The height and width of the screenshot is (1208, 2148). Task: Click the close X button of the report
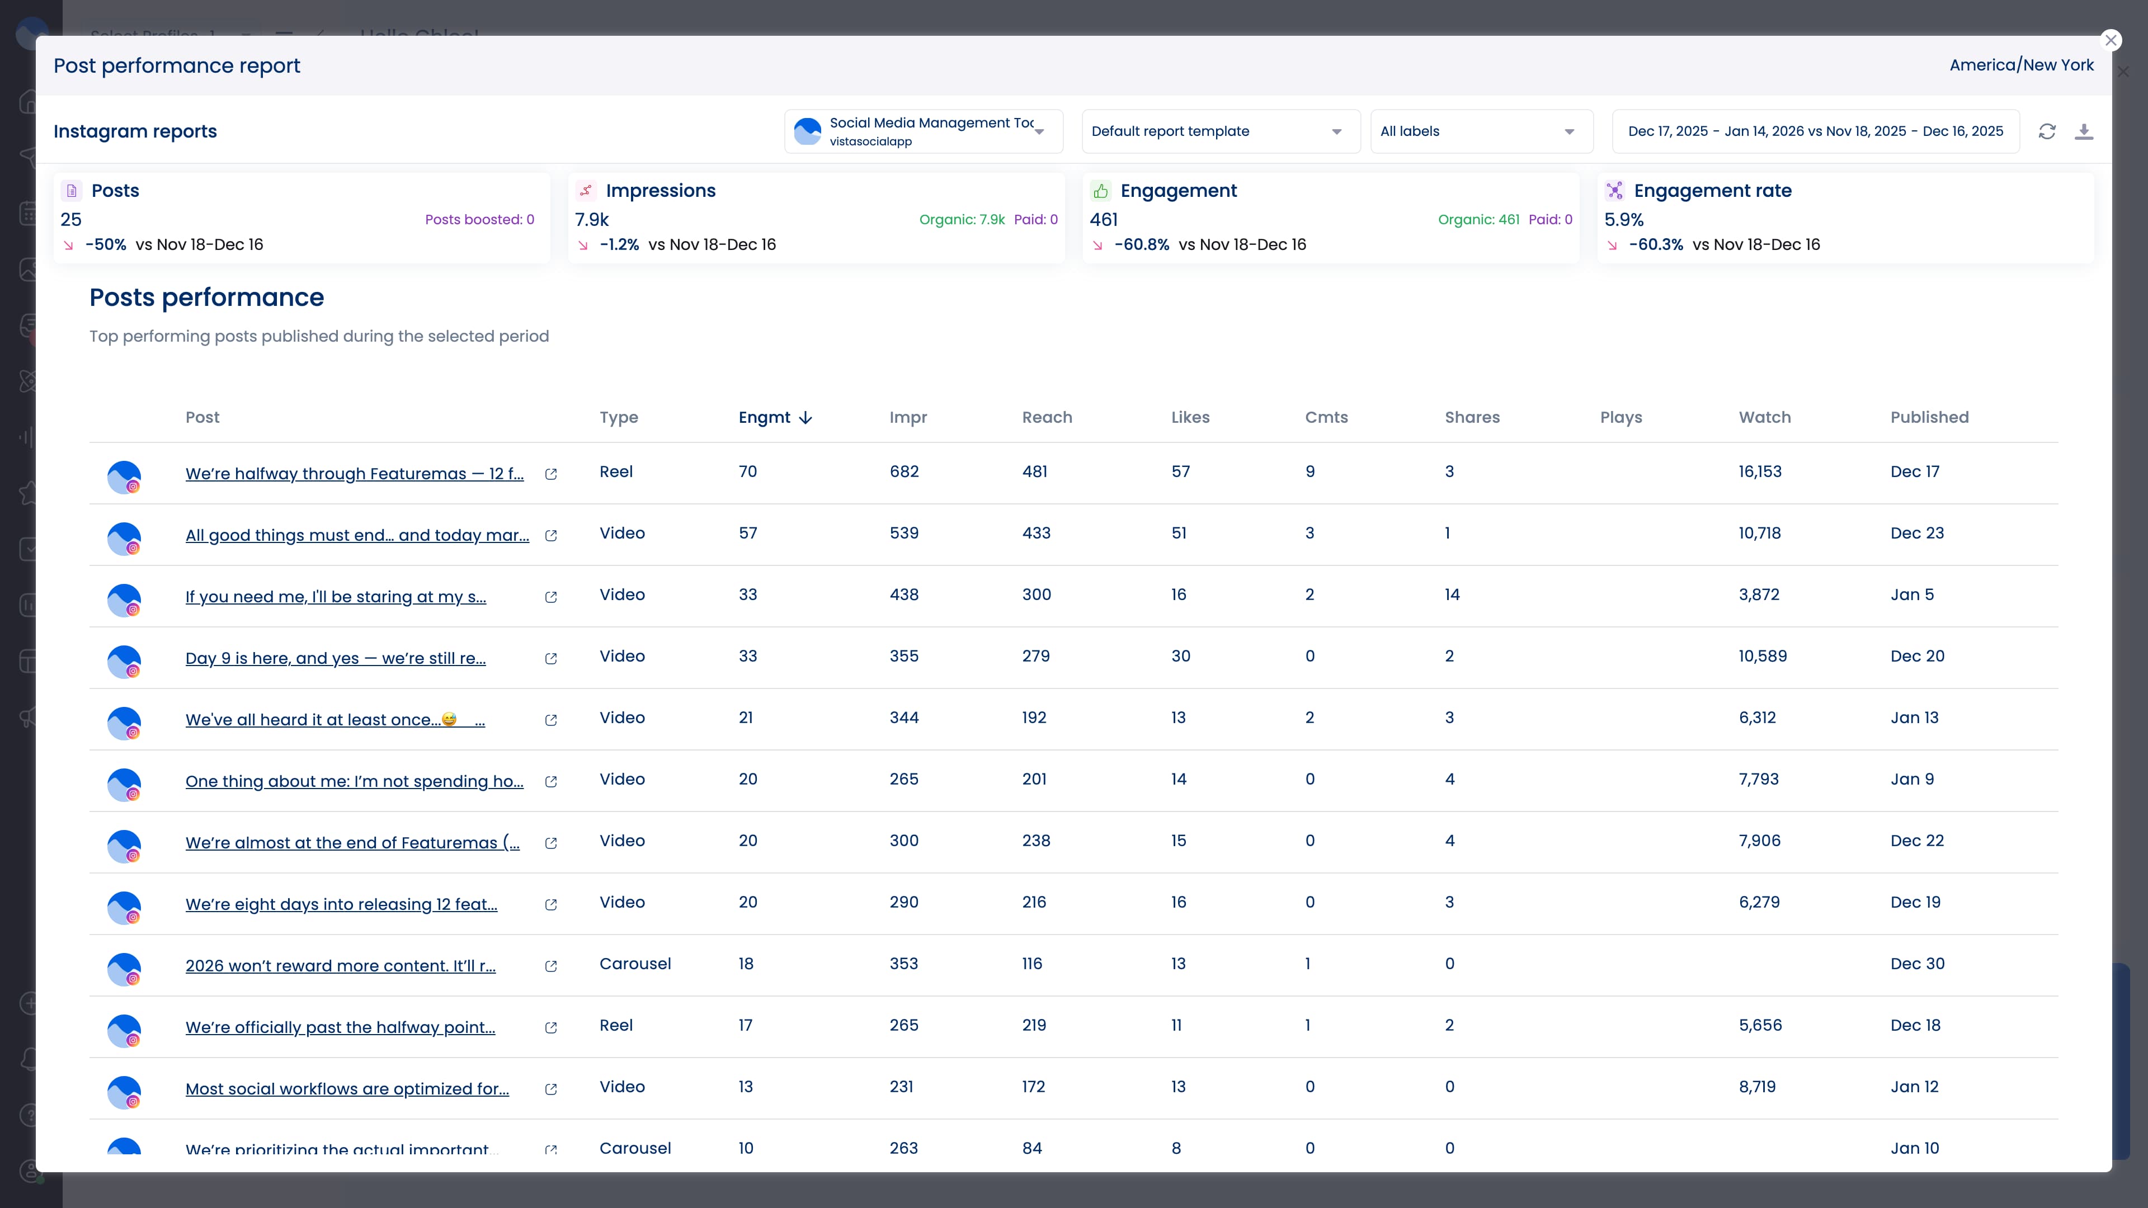(x=2111, y=40)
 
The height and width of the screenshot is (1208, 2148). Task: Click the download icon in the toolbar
(x=2084, y=132)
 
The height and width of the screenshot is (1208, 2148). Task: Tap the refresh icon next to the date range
(x=2047, y=132)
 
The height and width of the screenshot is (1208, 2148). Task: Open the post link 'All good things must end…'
(x=357, y=535)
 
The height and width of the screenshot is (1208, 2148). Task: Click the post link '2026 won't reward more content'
(x=340, y=965)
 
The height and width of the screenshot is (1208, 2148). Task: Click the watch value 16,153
(x=1759, y=472)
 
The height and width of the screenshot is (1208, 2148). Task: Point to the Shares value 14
(x=1452, y=594)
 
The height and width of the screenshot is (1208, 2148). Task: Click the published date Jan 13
(x=1914, y=718)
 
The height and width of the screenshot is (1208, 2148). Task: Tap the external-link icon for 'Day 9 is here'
(x=550, y=659)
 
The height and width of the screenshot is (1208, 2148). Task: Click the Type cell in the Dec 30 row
(x=634, y=964)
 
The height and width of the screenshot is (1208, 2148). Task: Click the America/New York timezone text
(x=2020, y=65)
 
